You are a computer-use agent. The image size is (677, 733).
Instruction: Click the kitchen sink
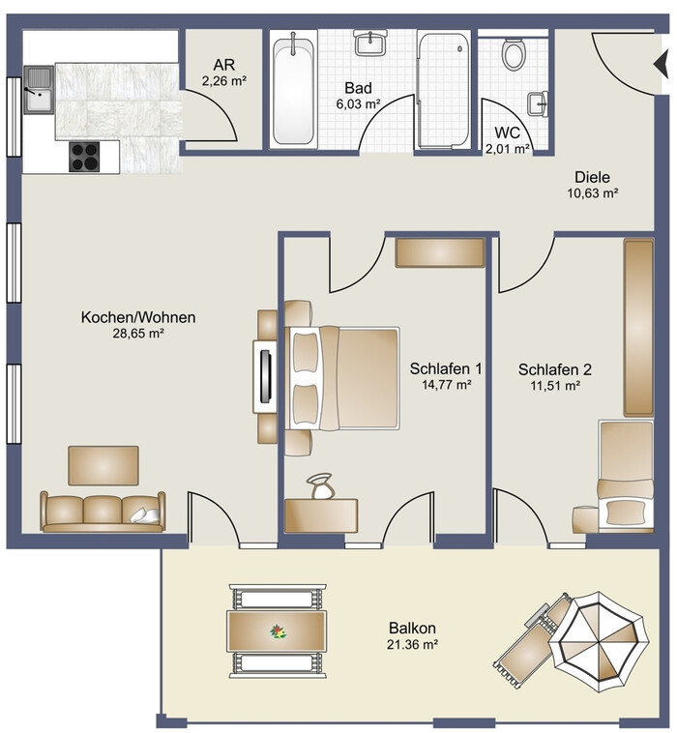[x=40, y=90]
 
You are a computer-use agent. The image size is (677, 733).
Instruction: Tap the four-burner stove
[x=85, y=157]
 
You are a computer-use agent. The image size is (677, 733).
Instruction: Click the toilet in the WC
[x=514, y=54]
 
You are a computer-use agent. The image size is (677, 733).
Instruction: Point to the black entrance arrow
[x=662, y=65]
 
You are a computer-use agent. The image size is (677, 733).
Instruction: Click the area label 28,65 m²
[x=138, y=334]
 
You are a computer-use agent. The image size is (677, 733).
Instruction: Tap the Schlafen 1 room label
[x=446, y=368]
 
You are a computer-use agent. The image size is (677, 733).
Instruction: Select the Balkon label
[x=412, y=628]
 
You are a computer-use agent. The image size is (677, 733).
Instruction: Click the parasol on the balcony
[x=599, y=642]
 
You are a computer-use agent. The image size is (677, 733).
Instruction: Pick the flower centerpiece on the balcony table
[x=279, y=631]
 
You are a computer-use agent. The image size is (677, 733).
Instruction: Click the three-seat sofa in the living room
[x=103, y=512]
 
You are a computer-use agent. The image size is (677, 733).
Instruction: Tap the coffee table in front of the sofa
[x=103, y=465]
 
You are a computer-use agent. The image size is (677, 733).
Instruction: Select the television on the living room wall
[x=266, y=376]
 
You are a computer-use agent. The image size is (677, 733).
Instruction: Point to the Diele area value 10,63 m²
[x=593, y=193]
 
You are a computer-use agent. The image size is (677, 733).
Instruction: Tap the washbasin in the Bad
[x=370, y=43]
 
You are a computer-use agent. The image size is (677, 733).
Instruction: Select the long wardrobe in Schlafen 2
[x=638, y=328]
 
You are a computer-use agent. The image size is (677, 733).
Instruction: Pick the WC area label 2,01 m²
[x=508, y=149]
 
